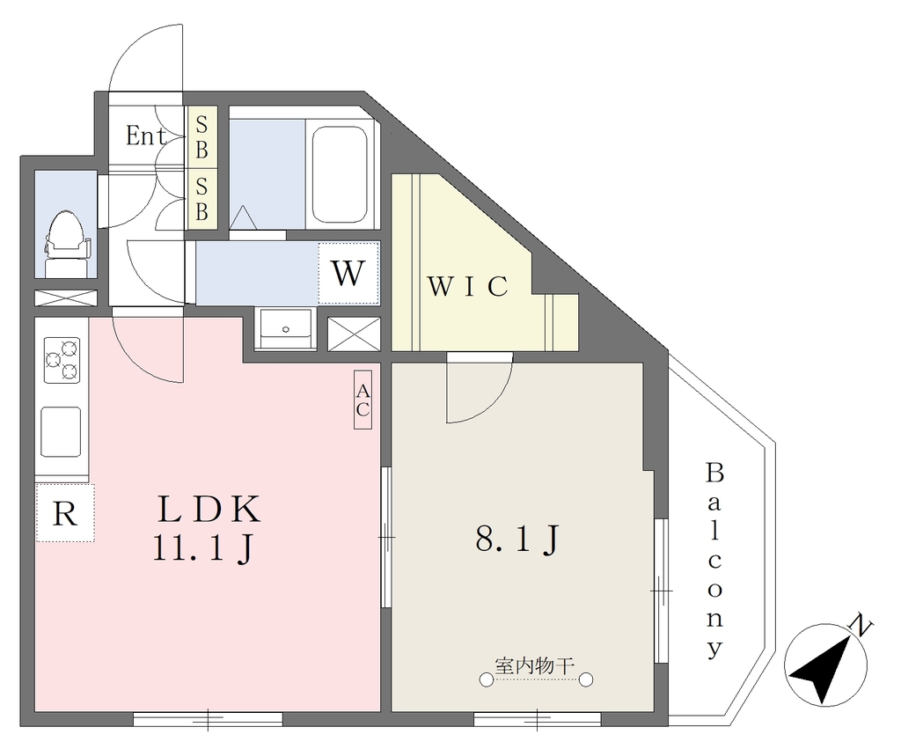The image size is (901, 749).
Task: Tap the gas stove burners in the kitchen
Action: click(x=62, y=360)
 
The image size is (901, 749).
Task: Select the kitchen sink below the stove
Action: click(x=61, y=431)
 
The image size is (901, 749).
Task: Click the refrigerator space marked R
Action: click(x=65, y=513)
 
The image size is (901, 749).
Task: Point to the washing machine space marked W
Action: click(x=348, y=274)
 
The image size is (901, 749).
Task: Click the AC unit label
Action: click(x=363, y=400)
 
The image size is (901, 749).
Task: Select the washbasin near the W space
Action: click(x=286, y=329)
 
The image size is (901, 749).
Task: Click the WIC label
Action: click(x=468, y=287)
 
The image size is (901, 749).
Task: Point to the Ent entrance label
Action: click(x=146, y=136)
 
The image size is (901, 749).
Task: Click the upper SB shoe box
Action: click(x=201, y=137)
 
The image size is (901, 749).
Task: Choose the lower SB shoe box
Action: click(x=201, y=200)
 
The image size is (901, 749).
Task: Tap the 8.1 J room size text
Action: click(x=516, y=540)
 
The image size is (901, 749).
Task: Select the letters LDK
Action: click(x=209, y=510)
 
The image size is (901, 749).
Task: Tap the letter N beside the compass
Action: click(x=861, y=626)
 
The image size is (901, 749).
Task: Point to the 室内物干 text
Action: click(x=535, y=665)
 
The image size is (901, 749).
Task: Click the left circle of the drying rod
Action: click(x=487, y=680)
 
